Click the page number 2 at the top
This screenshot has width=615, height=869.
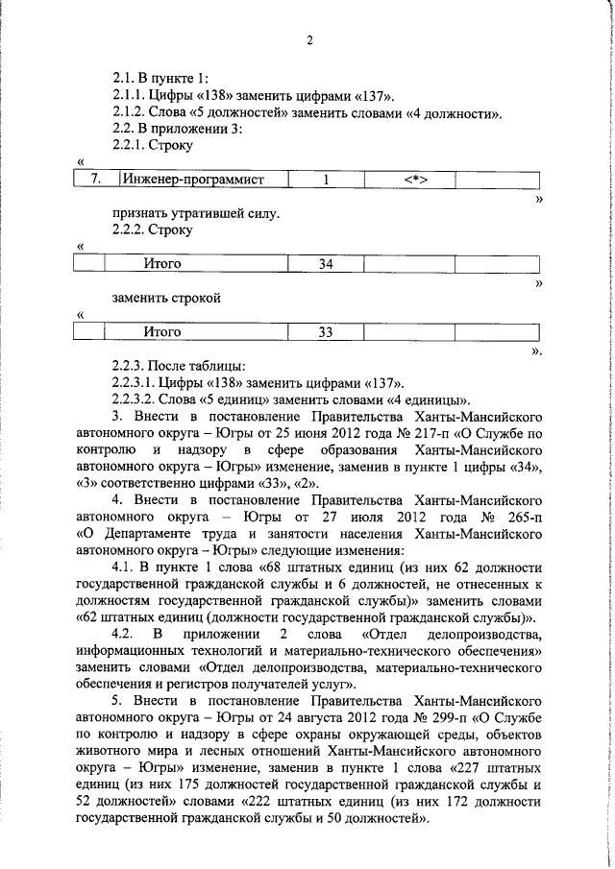309,40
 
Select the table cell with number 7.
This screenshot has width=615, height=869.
93,179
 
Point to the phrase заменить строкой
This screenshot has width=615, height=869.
166,298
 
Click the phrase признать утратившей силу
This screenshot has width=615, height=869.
195,212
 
